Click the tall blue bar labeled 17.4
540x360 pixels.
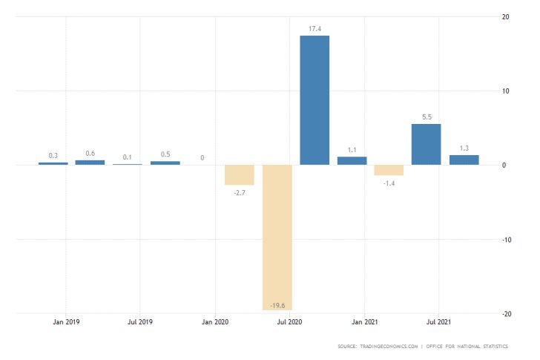(x=315, y=100)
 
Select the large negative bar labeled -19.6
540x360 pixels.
(x=277, y=237)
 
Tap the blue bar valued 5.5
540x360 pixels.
(x=426, y=144)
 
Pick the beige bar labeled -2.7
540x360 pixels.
(x=240, y=174)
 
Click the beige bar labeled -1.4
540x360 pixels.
(x=389, y=170)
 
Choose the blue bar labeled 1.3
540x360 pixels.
(x=464, y=160)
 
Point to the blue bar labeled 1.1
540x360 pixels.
(x=352, y=160)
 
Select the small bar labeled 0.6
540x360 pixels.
(x=90, y=162)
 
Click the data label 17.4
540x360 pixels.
(x=315, y=29)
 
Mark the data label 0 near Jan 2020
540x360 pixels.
(x=202, y=158)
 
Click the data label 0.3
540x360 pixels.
(x=53, y=156)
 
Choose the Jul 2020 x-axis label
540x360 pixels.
(x=289, y=322)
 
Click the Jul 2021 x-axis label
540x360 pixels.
(x=438, y=322)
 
